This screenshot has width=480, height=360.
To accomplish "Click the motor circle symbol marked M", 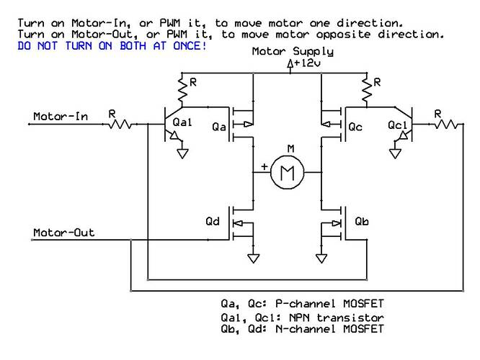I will click(288, 174).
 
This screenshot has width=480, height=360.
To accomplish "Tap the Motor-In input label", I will click(61, 117).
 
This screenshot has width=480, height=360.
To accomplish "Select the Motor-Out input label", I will click(64, 233).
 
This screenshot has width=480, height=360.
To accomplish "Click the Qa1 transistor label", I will click(182, 124).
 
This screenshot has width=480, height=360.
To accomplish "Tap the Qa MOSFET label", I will click(221, 127).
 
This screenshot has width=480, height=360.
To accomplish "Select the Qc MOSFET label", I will click(355, 127).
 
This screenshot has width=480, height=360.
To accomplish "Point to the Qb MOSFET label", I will click(362, 222).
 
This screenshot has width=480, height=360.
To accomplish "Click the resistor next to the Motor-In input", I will click(119, 125).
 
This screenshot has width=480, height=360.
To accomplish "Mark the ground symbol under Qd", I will click(253, 258).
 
